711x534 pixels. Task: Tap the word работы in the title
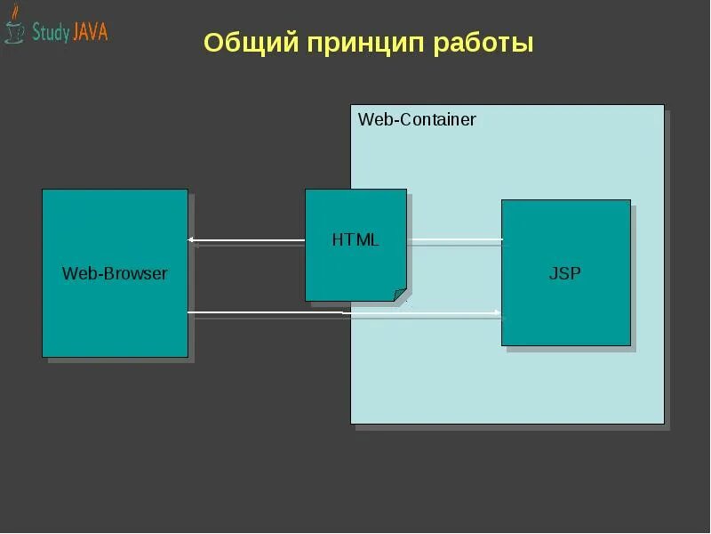click(x=483, y=43)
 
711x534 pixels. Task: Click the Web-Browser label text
click(x=115, y=273)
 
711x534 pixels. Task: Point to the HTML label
click(x=355, y=239)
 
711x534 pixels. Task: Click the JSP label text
click(x=565, y=273)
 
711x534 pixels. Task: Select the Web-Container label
click(x=417, y=119)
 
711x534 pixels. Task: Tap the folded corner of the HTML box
click(x=400, y=295)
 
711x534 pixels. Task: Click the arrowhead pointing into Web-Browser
click(x=192, y=239)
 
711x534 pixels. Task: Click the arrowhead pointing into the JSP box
click(x=498, y=312)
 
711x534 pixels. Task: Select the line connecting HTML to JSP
click(x=454, y=239)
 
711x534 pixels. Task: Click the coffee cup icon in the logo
click(x=14, y=29)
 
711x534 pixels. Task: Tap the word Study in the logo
click(x=49, y=33)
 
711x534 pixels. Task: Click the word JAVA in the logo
click(x=89, y=33)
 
